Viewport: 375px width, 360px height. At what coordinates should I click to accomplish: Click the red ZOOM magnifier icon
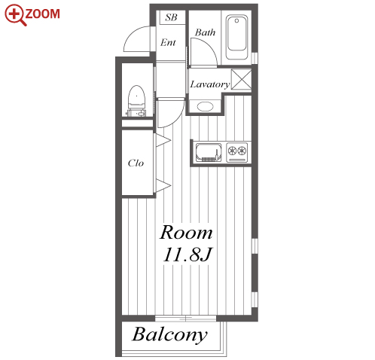point(15,15)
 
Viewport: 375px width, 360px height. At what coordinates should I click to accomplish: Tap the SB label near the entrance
point(171,17)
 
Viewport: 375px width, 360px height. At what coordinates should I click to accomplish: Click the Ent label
point(168,42)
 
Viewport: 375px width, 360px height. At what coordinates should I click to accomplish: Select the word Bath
point(205,32)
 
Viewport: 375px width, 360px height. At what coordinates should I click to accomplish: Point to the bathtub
point(236,38)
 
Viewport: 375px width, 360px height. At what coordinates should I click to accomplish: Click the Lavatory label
point(210,84)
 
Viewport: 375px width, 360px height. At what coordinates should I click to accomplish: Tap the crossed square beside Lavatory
point(241,79)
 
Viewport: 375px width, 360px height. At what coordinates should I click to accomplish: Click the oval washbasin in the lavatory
point(206,106)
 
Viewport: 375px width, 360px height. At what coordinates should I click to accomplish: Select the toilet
point(137,101)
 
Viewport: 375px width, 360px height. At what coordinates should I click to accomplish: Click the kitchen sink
point(209,152)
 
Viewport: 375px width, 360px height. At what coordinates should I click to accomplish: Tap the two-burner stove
point(237,152)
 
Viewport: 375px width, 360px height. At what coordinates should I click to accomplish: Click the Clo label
point(136,163)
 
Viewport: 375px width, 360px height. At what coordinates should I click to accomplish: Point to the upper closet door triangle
point(163,140)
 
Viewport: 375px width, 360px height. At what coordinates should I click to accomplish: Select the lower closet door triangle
point(163,186)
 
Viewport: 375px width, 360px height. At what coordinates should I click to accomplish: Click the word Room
point(186,233)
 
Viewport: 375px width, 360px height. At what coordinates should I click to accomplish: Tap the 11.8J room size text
point(187,255)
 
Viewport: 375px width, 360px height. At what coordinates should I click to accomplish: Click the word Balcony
point(170,334)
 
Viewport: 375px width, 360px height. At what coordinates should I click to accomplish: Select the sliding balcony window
point(185,319)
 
